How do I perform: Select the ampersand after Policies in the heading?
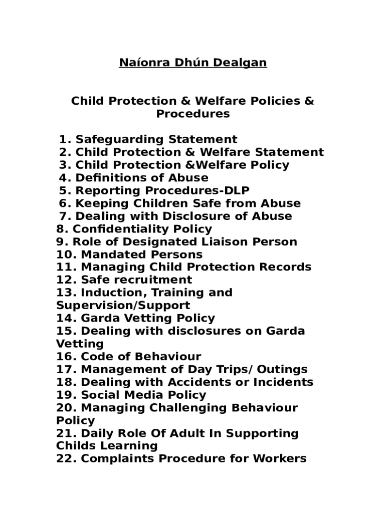tap(309, 101)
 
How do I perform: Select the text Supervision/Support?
tap(123, 306)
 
